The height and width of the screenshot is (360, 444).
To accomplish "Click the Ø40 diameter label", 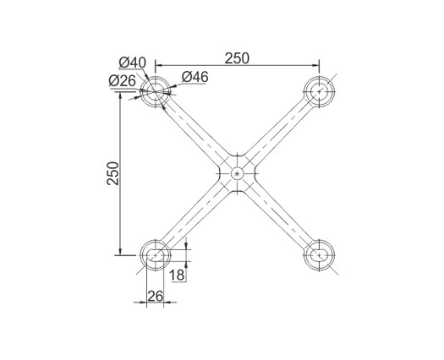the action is click(132, 63).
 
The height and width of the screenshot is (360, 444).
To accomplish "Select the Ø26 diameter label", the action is click(122, 81).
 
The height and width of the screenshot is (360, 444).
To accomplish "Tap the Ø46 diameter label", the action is click(195, 77).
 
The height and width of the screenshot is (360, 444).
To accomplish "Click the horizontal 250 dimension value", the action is click(237, 58).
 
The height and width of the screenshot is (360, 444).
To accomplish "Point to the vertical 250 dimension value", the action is click(112, 173).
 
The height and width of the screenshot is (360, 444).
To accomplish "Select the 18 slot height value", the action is click(177, 275).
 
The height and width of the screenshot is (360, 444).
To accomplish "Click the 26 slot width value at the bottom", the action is click(156, 297).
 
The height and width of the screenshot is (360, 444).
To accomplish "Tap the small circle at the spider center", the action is click(238, 173).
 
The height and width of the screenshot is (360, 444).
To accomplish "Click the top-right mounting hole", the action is click(319, 91).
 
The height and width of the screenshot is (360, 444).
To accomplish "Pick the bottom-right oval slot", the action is click(319, 255).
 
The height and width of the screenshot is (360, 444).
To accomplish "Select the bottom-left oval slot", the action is click(155, 255).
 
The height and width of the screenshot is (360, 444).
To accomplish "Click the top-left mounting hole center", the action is click(155, 91).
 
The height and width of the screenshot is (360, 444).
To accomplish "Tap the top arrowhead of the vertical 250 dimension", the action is click(120, 95).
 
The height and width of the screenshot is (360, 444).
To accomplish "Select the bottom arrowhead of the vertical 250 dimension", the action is click(120, 251).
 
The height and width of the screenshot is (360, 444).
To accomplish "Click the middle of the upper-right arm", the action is click(278, 133).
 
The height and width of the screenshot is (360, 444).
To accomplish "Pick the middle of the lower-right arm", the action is click(278, 215).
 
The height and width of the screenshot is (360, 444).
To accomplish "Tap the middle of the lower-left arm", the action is click(196, 215).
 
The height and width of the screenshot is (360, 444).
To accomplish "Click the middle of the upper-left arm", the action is click(196, 133).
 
